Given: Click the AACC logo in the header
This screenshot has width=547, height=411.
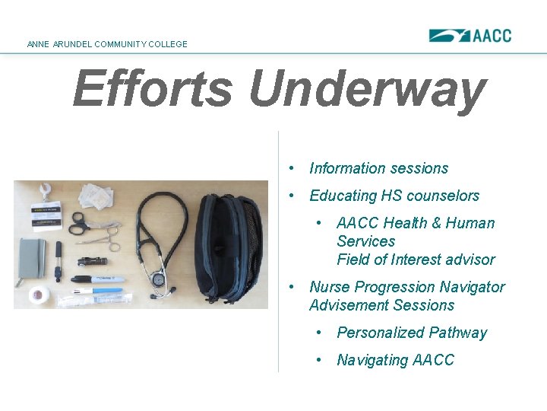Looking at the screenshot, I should click(470, 35).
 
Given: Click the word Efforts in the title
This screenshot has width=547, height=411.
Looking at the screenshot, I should click(153, 88).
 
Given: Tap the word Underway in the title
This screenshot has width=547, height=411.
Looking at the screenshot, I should click(366, 88).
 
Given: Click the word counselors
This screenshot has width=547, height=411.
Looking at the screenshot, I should click(443, 196).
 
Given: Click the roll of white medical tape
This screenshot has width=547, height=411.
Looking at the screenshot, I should click(40, 294).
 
